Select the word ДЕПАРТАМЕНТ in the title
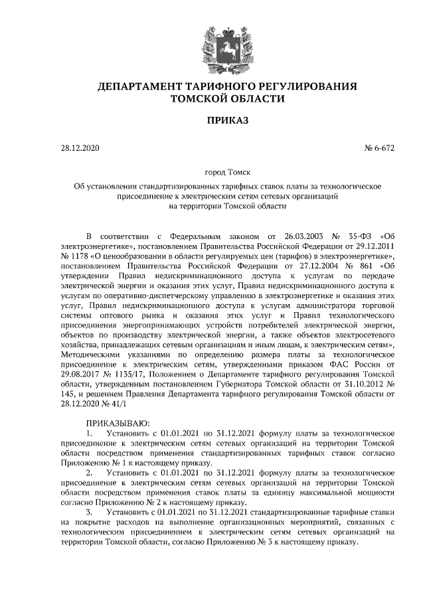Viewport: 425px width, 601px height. coord(140,86)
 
